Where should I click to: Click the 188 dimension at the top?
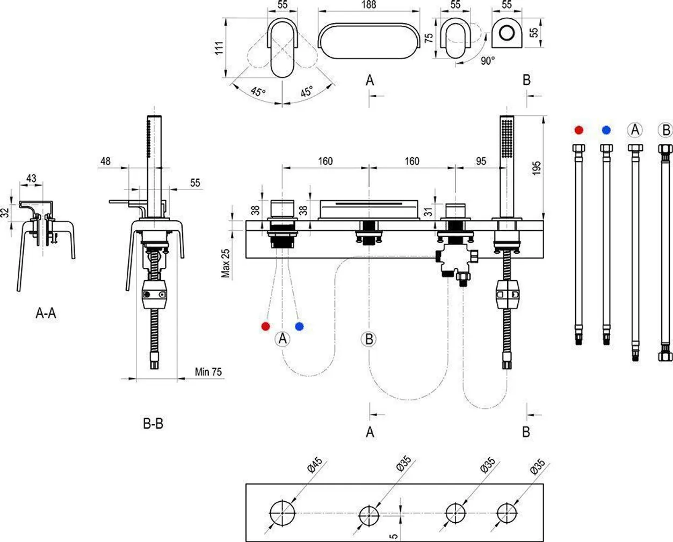point(368,5)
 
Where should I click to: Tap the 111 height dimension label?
point(219,48)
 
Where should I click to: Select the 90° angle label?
point(487,61)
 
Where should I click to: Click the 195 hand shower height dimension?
point(537,167)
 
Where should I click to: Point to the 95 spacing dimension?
point(481,161)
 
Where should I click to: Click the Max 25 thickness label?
point(226,263)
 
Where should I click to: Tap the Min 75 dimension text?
point(208,371)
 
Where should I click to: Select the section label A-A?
point(46,313)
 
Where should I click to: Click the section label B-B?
point(153,423)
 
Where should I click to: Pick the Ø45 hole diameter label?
point(315,465)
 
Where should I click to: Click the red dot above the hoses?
point(578,130)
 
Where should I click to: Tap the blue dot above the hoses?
point(606,130)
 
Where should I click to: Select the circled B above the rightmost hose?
point(665,130)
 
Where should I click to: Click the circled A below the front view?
point(283,339)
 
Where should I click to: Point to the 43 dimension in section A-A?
point(31,178)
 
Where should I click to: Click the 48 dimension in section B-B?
point(105,161)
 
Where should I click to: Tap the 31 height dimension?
point(428,211)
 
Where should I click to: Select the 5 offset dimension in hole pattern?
point(394,534)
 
